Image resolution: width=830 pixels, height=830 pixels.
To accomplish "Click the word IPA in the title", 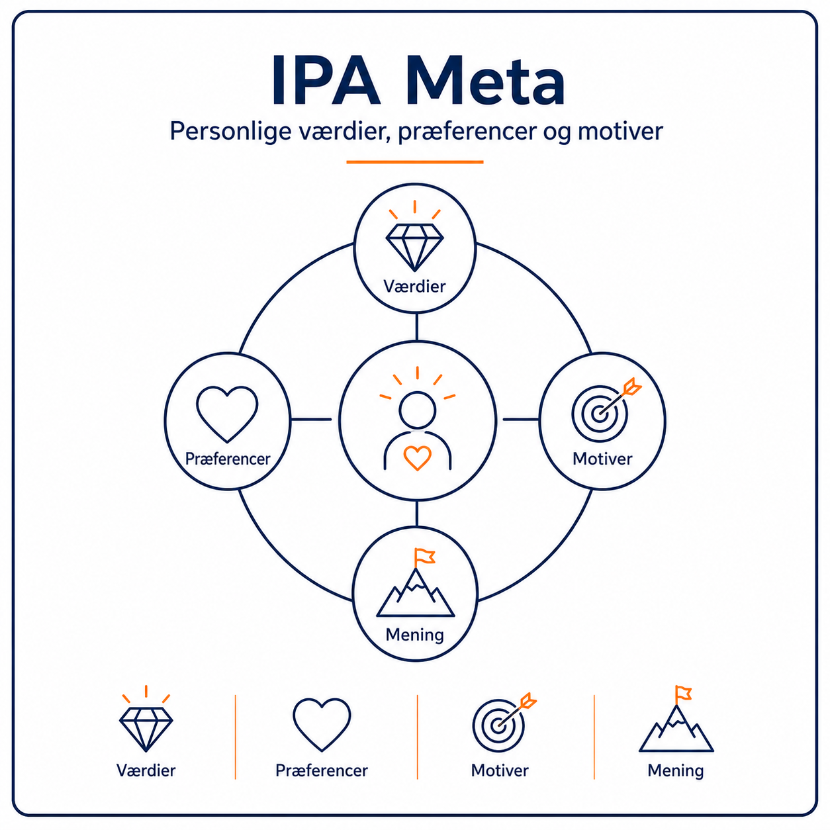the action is click(x=326, y=80).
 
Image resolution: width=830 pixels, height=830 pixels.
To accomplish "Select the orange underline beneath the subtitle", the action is click(x=415, y=162).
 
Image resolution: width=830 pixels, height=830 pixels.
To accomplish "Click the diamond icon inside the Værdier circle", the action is click(x=414, y=248).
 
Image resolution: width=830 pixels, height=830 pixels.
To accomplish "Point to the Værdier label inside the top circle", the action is click(x=414, y=287).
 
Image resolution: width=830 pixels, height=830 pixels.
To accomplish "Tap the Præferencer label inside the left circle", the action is click(x=228, y=459).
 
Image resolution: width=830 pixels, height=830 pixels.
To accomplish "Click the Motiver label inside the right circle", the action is click(x=602, y=459).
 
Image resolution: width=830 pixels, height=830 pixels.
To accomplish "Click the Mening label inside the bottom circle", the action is click(x=414, y=635).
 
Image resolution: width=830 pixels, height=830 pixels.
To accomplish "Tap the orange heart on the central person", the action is click(x=417, y=458).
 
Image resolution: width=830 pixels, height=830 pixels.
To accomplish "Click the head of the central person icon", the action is click(x=417, y=410).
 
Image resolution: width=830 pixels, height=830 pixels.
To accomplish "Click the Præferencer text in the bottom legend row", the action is click(x=322, y=770).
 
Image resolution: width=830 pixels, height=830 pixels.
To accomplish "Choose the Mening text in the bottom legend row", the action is click(x=675, y=770).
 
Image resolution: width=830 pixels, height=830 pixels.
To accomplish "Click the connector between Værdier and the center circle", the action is click(x=416, y=327).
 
